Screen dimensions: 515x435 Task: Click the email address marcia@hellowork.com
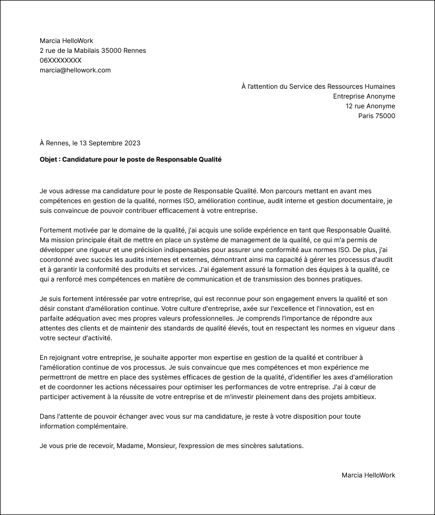75,70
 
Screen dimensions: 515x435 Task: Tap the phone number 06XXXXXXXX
60,60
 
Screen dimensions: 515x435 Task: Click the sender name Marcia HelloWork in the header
66,41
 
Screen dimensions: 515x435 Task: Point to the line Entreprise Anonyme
364,96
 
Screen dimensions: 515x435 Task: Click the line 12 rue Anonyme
370,106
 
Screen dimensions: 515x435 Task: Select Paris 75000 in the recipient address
376,116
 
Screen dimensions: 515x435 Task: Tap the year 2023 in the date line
132,143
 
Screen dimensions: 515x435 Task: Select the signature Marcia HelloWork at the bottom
368,475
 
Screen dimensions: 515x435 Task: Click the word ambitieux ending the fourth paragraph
359,397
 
